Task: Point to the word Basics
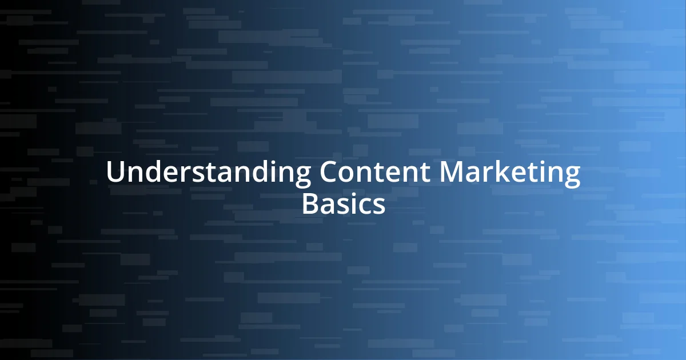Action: point(343,204)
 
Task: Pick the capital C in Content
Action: point(330,173)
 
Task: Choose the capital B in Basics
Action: point(310,204)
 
